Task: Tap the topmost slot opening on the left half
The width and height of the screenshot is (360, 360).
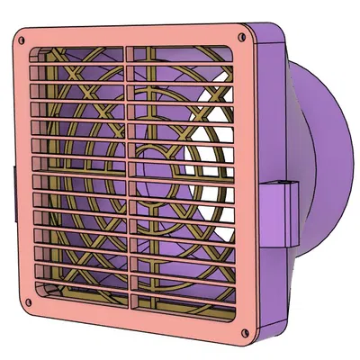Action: (81, 55)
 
